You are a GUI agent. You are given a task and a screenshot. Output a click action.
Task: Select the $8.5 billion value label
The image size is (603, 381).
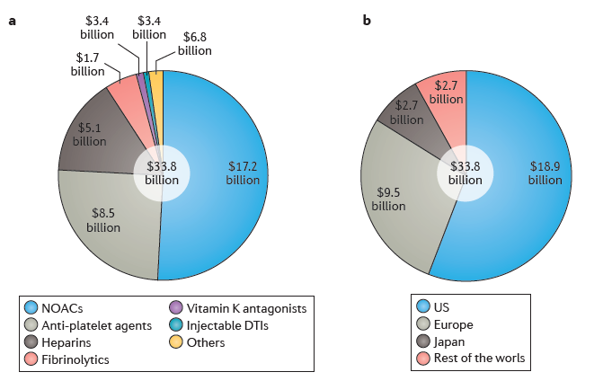tap(103, 220)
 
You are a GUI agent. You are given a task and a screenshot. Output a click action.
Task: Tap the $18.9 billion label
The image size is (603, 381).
tap(545, 173)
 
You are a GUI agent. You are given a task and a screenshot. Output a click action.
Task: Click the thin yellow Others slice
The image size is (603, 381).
tap(156, 83)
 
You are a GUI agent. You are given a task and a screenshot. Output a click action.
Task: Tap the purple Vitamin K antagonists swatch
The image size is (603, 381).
tap(177, 308)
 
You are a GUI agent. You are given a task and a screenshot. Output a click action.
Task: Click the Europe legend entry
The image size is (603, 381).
tap(447, 325)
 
